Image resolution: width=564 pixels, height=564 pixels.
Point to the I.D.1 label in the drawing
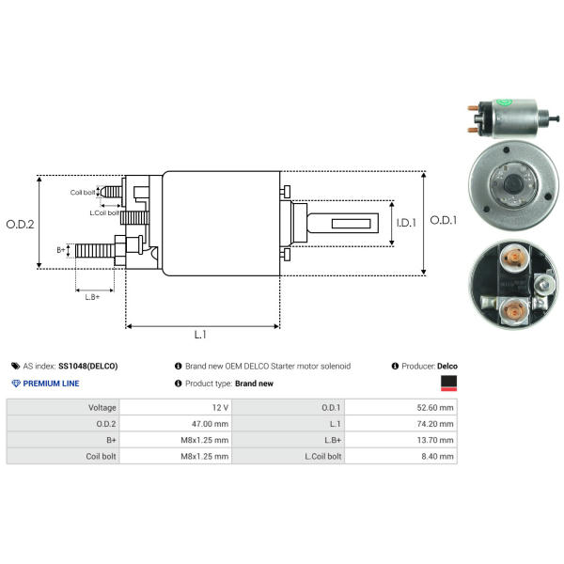tap(405, 223)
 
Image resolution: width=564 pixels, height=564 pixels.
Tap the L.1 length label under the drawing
tap(200, 334)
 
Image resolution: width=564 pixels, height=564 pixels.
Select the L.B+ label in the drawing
tap(92, 296)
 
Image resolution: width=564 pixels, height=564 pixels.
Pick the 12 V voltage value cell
tap(220, 408)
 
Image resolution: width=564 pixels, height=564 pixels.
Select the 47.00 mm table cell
tap(211, 424)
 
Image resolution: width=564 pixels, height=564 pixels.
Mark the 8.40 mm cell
tap(441, 456)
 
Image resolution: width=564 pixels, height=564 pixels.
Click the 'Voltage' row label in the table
tap(102, 408)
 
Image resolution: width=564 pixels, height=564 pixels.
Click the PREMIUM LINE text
tap(51, 384)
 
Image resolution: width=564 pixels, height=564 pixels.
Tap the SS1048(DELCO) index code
tap(88, 366)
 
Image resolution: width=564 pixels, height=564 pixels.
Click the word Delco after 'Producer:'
tap(447, 366)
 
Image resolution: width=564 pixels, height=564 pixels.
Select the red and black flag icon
tap(448, 382)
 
